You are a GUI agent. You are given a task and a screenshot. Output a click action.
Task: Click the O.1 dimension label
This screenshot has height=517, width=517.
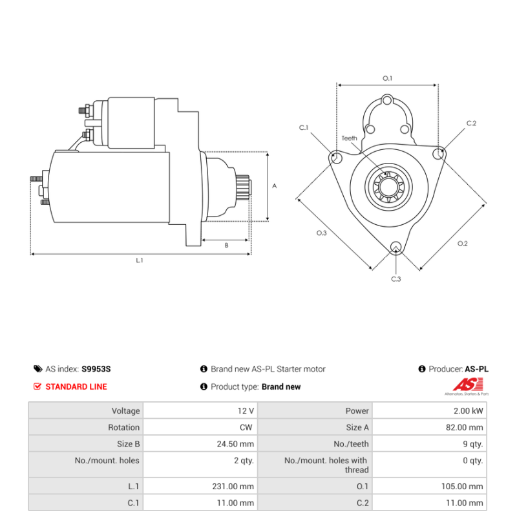pos(388,78)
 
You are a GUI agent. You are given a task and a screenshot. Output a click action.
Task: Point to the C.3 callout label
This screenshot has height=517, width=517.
pos(396,279)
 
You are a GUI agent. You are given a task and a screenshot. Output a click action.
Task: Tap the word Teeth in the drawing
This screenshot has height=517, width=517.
pos(349,138)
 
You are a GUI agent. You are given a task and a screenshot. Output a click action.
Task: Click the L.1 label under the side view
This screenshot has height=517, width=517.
pos(139,260)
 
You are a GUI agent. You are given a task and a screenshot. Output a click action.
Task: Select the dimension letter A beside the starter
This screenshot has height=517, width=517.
pos(275,186)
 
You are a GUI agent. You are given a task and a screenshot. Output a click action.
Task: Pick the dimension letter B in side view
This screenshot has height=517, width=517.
pos(226,246)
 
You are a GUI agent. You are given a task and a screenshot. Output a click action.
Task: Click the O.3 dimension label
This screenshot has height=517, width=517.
pos(321,233)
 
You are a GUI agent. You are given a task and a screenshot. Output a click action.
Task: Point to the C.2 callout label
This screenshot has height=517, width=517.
pos(471,123)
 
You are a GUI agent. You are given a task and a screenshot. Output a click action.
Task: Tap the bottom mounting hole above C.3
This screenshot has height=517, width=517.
pos(396,246)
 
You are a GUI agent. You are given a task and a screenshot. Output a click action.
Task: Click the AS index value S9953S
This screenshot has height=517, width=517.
pos(96,369)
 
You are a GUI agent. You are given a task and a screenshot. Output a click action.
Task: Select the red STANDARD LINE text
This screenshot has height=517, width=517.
pos(76,386)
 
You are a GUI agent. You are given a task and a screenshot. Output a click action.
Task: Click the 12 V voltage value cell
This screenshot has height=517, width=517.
pos(246,410)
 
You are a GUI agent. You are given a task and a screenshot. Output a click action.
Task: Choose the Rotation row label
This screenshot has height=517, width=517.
pos(123,427)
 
